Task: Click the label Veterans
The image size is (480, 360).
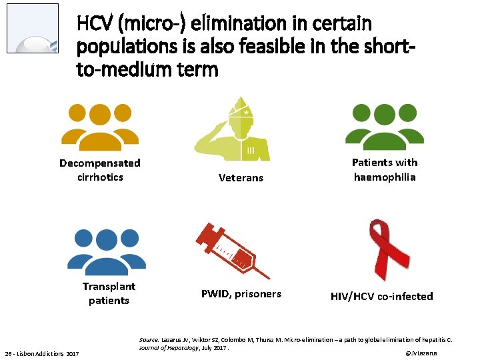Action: (x=241, y=178)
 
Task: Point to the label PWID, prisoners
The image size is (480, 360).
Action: (x=241, y=294)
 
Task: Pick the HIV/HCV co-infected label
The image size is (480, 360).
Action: (x=382, y=296)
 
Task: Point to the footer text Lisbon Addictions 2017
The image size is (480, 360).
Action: (x=50, y=353)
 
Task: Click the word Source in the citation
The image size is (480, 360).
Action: (x=149, y=339)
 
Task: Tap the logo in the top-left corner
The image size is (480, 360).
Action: (x=33, y=28)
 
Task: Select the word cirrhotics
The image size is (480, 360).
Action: (x=100, y=177)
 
